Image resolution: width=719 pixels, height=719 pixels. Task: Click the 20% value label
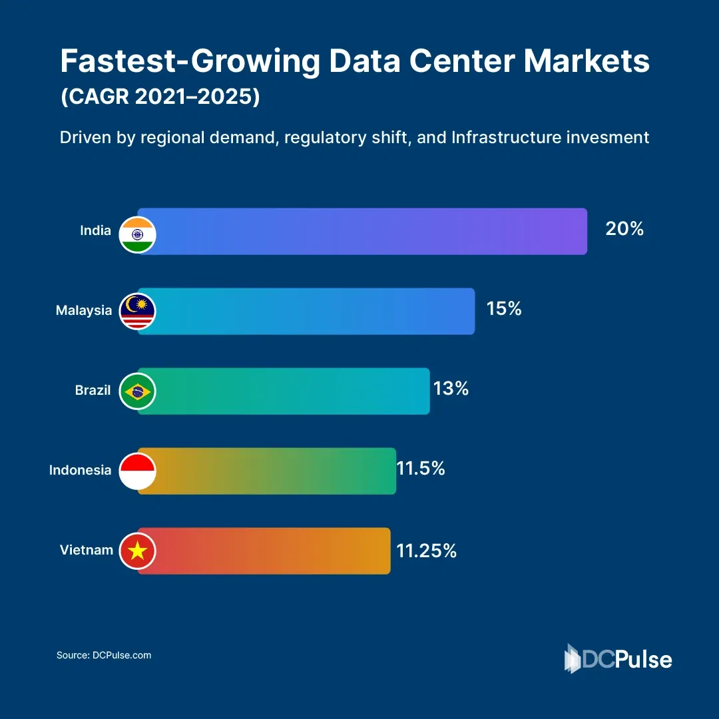624,229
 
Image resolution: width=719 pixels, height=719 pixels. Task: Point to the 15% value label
504,309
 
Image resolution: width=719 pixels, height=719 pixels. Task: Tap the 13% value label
451,389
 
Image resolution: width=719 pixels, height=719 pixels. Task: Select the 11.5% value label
421,469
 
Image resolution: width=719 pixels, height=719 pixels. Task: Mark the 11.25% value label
427,551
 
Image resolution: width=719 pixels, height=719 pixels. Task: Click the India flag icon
138,234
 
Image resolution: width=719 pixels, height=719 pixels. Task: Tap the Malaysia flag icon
138,311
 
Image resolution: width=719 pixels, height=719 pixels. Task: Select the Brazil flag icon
138,391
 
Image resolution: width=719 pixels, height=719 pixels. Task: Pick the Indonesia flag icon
138,471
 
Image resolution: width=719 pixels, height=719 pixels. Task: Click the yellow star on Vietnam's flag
138,551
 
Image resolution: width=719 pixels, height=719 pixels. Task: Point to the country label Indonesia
80,470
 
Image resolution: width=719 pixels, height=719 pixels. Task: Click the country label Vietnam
86,550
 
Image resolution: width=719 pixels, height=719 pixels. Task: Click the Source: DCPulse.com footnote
104,655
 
